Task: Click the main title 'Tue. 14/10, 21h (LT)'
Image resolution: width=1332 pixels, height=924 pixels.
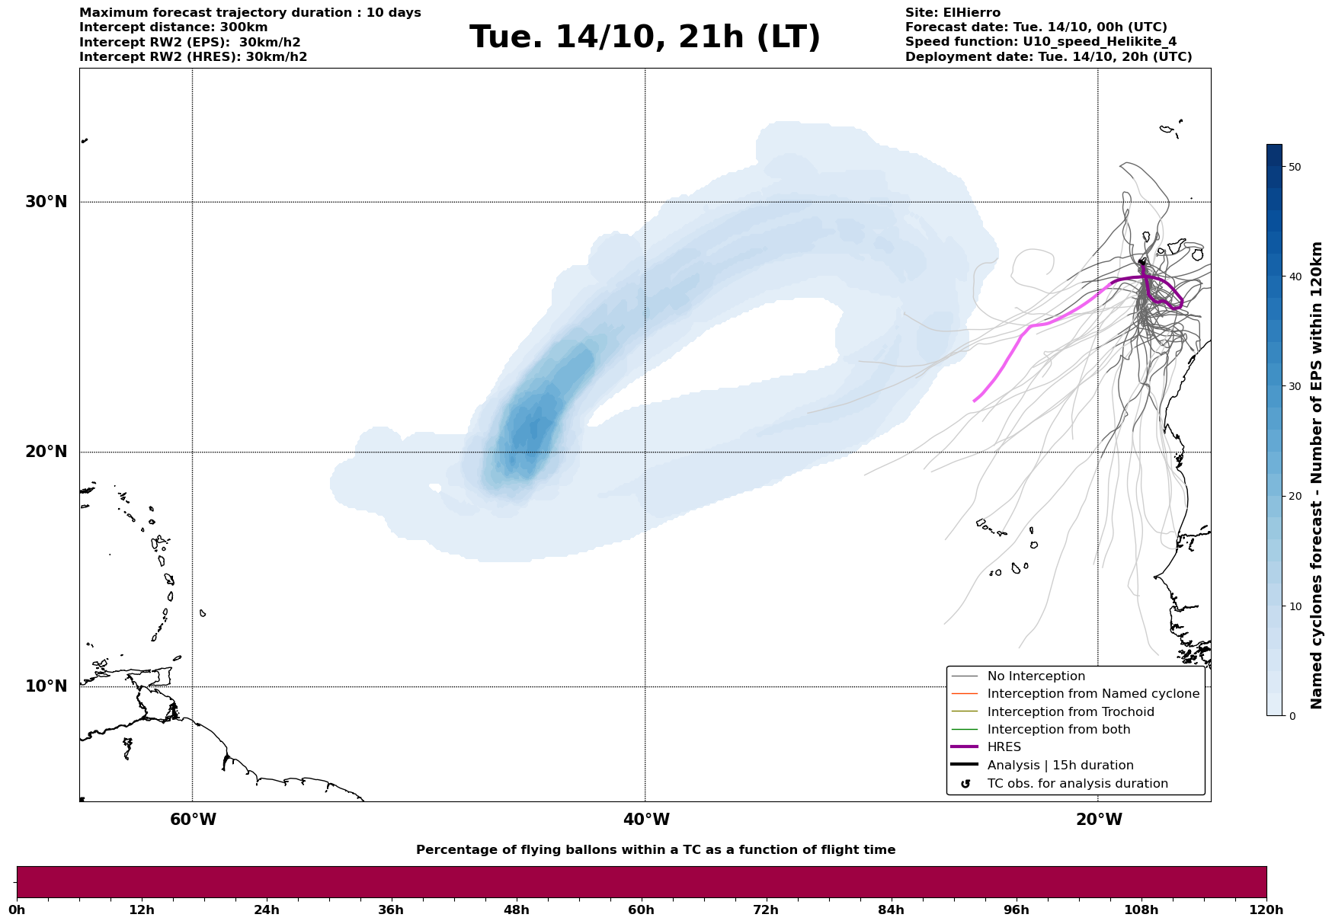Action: pyautogui.click(x=645, y=37)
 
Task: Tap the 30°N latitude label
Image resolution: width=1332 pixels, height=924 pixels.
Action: pyautogui.click(x=46, y=202)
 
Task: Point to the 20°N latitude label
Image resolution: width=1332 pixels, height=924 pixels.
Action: pyautogui.click(x=46, y=452)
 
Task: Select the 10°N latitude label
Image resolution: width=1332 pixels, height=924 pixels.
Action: pyautogui.click(x=46, y=686)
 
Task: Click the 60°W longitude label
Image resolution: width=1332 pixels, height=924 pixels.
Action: pyautogui.click(x=193, y=820)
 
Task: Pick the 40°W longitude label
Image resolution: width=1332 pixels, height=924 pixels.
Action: pyautogui.click(x=646, y=820)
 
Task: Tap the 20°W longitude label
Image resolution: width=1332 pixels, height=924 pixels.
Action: pyautogui.click(x=1099, y=820)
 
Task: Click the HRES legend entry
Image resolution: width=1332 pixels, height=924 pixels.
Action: pyautogui.click(x=1004, y=747)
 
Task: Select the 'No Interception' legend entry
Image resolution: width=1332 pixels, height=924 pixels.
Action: pyautogui.click(x=1036, y=676)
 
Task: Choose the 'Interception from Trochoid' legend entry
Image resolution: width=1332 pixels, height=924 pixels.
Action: pyautogui.click(x=1070, y=712)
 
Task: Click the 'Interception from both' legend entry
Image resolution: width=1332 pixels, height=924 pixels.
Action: pyautogui.click(x=1058, y=730)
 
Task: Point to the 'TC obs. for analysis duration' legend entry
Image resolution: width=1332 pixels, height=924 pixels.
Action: pyautogui.click(x=1077, y=784)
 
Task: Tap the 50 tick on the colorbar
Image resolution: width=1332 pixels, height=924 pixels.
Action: pyautogui.click(x=1294, y=167)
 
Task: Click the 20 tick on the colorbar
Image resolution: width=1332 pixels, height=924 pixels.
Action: pyautogui.click(x=1294, y=497)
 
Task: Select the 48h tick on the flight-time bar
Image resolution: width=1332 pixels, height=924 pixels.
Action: pyautogui.click(x=516, y=910)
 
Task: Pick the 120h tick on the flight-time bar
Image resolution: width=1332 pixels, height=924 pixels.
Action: pyautogui.click(x=1266, y=910)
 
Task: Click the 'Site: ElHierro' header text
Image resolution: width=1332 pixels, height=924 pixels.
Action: pyautogui.click(x=953, y=13)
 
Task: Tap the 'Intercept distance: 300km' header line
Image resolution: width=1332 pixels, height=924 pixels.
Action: pyautogui.click(x=173, y=27)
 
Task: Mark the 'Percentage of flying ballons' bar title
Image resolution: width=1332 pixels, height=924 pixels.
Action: pyautogui.click(x=655, y=850)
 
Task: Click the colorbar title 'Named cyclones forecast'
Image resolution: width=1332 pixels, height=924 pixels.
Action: pyautogui.click(x=1316, y=475)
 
